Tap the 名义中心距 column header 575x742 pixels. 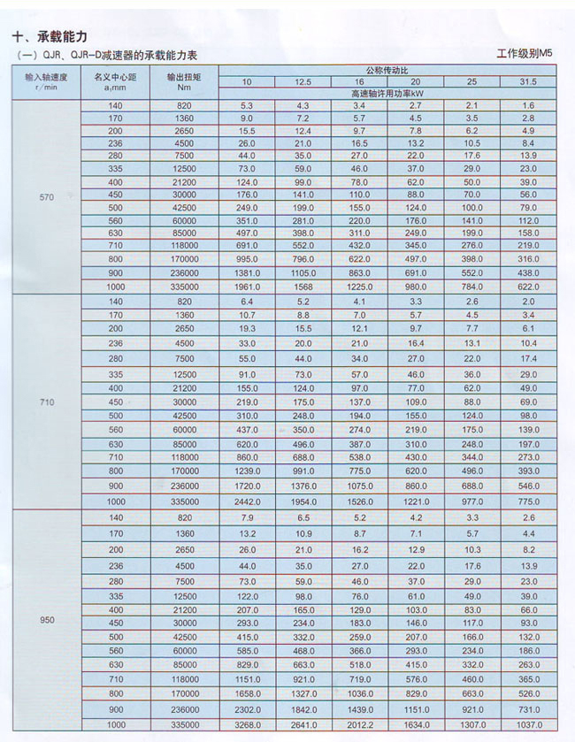click(115, 81)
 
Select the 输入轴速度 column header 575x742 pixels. click(42, 81)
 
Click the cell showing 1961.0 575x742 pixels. click(247, 287)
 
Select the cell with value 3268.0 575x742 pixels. click(247, 724)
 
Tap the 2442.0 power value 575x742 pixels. click(247, 501)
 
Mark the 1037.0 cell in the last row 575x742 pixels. click(528, 724)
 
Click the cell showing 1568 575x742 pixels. click(303, 287)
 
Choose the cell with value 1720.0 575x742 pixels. click(247, 486)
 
